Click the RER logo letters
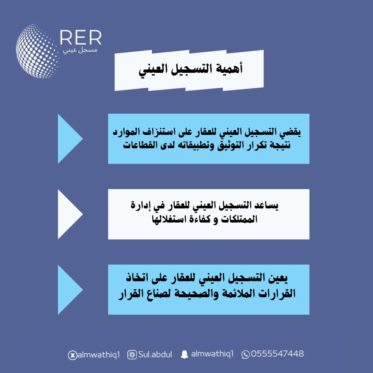click(x=81, y=38)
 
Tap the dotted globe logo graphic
click(x=38, y=51)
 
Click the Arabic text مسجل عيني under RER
click(x=80, y=51)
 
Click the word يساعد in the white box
click(x=266, y=205)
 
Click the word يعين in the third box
click(x=278, y=278)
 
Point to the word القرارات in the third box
click(x=277, y=293)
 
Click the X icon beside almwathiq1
click(x=72, y=355)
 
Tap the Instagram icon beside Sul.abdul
click(x=132, y=355)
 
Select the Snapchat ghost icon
click(x=184, y=354)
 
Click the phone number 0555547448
click(x=277, y=354)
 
